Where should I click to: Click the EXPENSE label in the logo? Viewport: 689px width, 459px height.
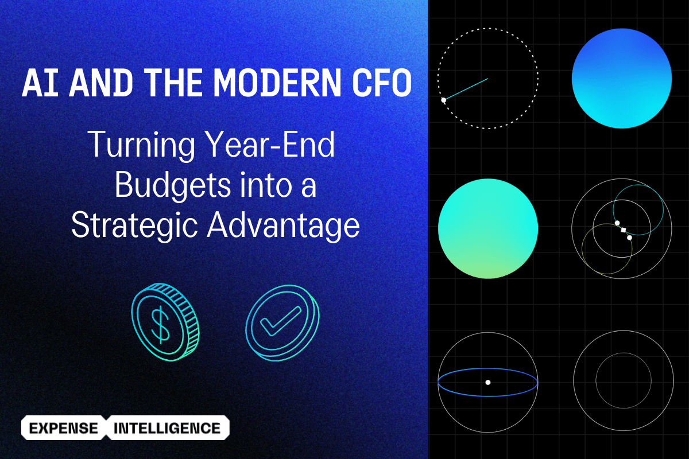point(63,428)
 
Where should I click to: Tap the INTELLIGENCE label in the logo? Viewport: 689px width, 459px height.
point(167,428)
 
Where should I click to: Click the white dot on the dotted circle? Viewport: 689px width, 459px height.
point(443,100)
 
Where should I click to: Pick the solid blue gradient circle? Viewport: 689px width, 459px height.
point(622,78)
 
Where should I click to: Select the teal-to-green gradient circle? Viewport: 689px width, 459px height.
point(488,228)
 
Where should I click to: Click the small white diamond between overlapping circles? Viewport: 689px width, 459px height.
point(624,230)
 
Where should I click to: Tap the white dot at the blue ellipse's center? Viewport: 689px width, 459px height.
point(487,382)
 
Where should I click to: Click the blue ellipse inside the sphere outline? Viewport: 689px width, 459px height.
point(488,396)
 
